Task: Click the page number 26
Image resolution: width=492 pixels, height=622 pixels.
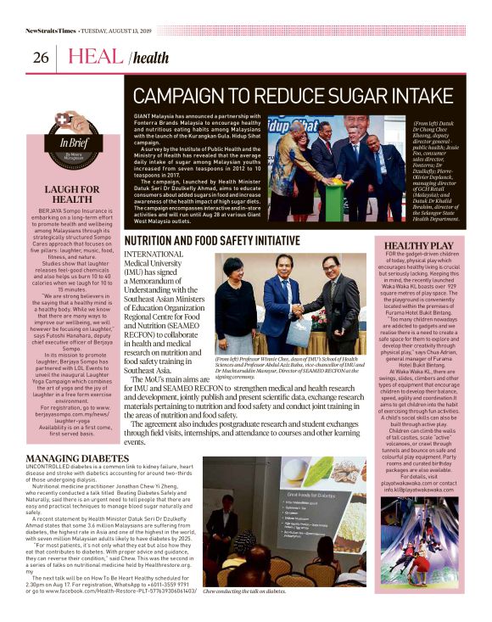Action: (41, 58)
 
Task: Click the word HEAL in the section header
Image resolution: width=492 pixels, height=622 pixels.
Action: (95, 57)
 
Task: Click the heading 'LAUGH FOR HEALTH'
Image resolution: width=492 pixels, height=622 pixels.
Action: (73, 193)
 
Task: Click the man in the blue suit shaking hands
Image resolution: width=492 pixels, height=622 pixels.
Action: (280, 301)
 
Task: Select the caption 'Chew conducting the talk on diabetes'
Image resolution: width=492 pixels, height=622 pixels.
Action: (244, 614)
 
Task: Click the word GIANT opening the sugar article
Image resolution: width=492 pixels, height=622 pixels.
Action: (143, 114)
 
